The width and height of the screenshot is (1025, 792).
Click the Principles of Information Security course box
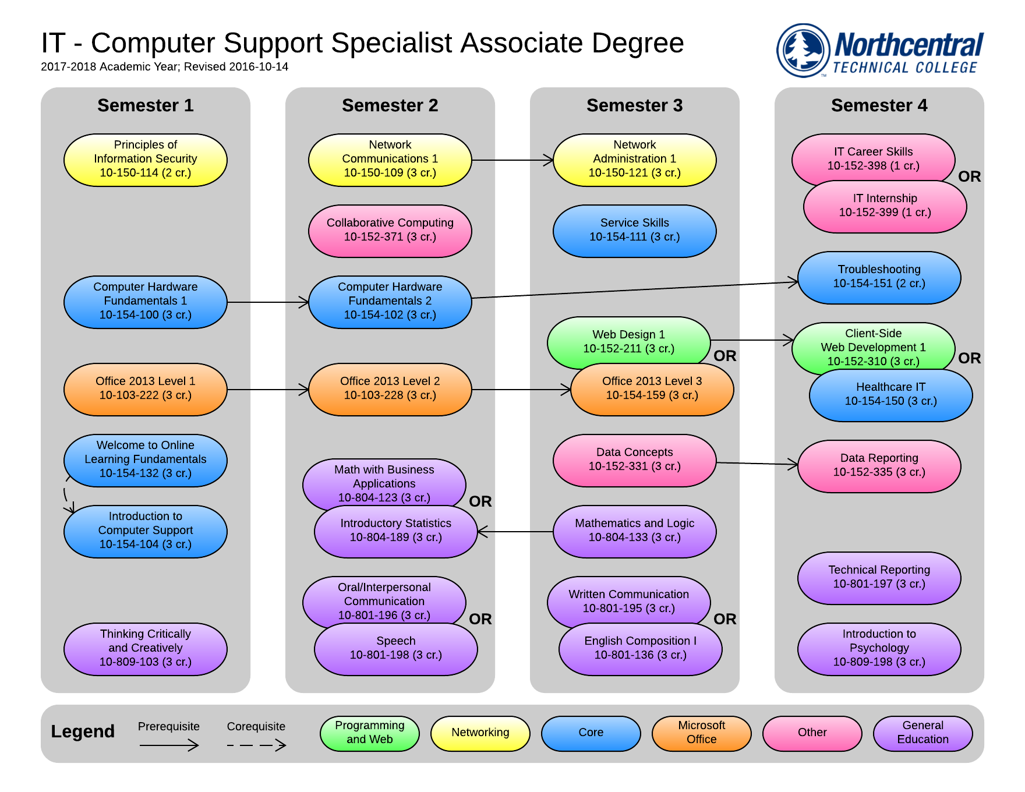point(146,160)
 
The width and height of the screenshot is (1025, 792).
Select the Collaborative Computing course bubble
point(390,231)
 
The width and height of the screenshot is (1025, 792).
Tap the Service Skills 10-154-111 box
point(635,231)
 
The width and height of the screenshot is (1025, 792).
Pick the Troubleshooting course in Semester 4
point(879,277)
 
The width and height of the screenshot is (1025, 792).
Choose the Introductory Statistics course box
point(396,532)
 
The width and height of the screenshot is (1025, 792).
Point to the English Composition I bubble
point(641,649)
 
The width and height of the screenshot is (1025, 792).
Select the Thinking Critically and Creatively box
point(146,649)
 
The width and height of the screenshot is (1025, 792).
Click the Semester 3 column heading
point(635,105)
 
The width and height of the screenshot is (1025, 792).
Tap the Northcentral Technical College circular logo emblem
point(804,51)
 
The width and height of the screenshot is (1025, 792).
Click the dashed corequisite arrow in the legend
point(256,745)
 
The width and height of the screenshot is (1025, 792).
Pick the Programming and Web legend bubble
point(370,733)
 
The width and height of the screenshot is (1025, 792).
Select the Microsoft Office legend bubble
point(702,733)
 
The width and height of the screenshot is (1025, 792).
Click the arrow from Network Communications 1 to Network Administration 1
point(512,160)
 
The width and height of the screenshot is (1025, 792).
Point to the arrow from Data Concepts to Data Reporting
point(757,464)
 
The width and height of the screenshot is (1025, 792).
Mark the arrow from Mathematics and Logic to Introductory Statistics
point(515,532)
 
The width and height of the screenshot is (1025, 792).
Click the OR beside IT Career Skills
point(970,176)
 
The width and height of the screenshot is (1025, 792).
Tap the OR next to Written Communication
point(725,619)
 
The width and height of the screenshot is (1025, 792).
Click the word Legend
point(83,731)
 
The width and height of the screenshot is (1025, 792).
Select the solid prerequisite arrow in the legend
point(169,745)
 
